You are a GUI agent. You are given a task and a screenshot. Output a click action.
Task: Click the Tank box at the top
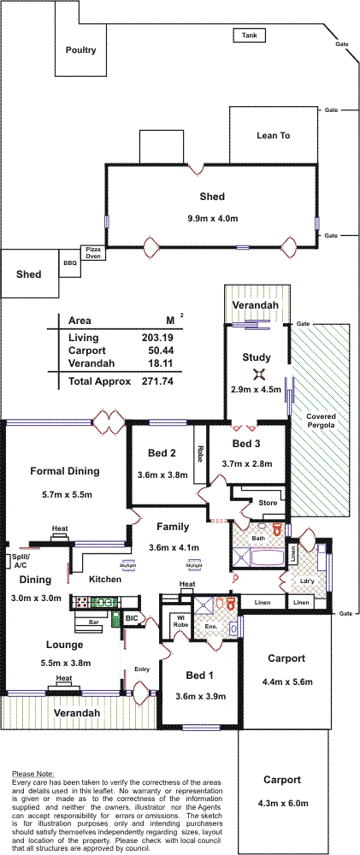click(x=250, y=36)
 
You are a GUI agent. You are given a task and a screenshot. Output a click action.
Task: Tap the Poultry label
click(x=80, y=50)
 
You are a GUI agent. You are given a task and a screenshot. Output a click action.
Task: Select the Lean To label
click(x=274, y=136)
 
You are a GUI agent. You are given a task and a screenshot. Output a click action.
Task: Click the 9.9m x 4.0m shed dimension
click(x=212, y=219)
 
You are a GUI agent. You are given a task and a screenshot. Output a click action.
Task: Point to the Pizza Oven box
click(x=92, y=252)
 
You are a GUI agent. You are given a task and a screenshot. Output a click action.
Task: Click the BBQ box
click(x=70, y=262)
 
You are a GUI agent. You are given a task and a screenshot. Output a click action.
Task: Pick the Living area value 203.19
click(x=157, y=338)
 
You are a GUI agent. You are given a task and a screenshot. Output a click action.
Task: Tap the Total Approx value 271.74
click(x=157, y=381)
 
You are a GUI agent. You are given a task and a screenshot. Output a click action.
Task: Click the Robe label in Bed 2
click(x=200, y=454)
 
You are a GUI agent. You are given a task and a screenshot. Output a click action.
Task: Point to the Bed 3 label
click(x=246, y=444)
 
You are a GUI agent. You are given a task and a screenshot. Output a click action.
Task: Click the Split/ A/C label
click(x=12, y=562)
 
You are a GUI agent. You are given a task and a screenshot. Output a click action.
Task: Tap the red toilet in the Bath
click(x=276, y=529)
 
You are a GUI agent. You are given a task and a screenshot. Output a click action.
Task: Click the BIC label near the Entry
click(x=132, y=618)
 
